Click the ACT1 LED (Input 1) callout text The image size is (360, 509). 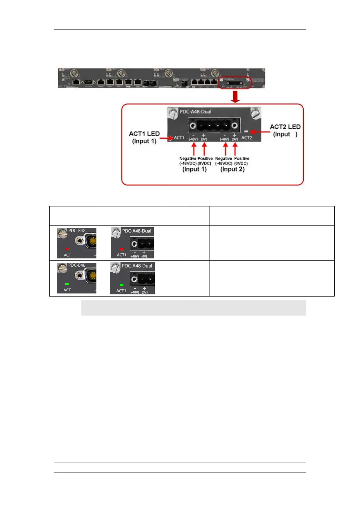click(x=144, y=137)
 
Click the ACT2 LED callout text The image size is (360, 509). click(x=285, y=130)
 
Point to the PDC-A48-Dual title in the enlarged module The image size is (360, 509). click(x=196, y=112)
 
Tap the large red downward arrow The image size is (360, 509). click(x=235, y=96)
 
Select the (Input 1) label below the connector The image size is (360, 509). click(x=194, y=169)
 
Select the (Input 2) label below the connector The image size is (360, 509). click(x=232, y=169)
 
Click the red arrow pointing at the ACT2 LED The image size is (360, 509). click(x=260, y=132)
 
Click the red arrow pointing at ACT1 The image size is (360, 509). click(x=166, y=138)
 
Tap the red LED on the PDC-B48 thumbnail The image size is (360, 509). click(x=67, y=249)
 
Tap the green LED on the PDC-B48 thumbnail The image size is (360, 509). click(x=67, y=284)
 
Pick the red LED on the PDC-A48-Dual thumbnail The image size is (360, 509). click(x=122, y=249)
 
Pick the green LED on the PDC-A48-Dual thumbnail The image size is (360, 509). click(x=122, y=285)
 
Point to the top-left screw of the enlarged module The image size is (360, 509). click(x=173, y=114)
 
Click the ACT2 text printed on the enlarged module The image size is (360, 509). click(x=246, y=138)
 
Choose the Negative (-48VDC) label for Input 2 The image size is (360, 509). click(x=224, y=161)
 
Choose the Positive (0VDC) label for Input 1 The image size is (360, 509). click(x=205, y=161)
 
